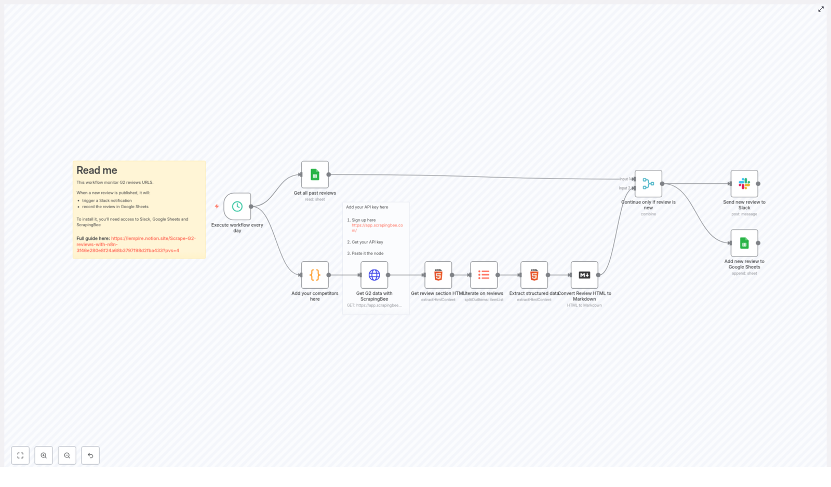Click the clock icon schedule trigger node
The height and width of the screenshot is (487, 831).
237,207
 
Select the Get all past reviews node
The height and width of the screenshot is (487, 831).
315,174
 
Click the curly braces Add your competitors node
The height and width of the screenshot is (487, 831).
315,275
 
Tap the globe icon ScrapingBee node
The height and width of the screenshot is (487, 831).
374,275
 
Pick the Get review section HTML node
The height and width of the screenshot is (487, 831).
438,275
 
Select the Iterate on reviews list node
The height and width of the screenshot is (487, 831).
484,275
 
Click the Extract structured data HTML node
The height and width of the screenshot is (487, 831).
534,275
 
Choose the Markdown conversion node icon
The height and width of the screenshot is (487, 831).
584,275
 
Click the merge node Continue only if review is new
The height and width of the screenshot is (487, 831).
648,184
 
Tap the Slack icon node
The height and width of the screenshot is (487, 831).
744,184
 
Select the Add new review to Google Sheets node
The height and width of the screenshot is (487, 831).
744,243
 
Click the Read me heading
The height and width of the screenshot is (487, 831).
97,170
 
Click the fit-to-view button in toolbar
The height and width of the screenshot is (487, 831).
20,455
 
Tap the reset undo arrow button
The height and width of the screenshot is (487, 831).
90,455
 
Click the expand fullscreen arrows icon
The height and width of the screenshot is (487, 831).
821,9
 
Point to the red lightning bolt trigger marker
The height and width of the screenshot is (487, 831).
217,206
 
